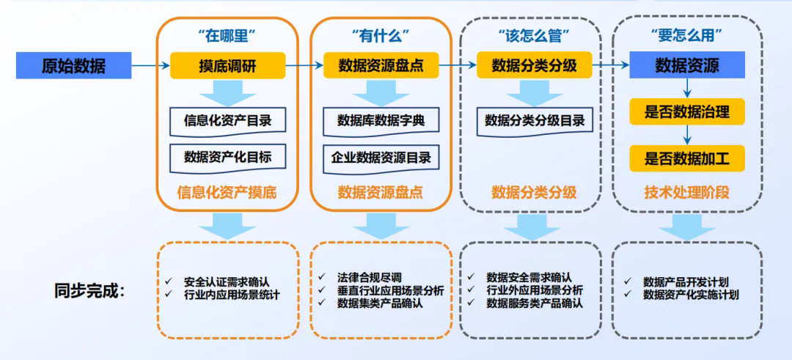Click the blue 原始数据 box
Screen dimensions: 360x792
click(x=73, y=66)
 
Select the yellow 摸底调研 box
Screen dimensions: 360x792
click(x=227, y=66)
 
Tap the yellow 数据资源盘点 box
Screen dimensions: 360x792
click(x=380, y=66)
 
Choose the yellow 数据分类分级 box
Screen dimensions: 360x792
click(x=534, y=66)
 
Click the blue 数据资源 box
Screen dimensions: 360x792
click(x=686, y=66)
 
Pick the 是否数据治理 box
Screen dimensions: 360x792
click(x=686, y=112)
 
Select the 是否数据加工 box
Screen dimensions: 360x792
click(x=686, y=158)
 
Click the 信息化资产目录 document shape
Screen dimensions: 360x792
click(x=227, y=120)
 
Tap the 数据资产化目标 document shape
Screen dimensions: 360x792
click(x=227, y=156)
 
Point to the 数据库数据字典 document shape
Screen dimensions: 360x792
click(x=380, y=120)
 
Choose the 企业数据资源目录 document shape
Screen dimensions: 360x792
click(x=380, y=157)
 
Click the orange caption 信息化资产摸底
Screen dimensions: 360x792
click(x=227, y=193)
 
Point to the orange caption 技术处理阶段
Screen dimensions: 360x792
click(x=686, y=193)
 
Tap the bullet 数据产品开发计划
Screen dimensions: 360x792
click(x=685, y=282)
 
